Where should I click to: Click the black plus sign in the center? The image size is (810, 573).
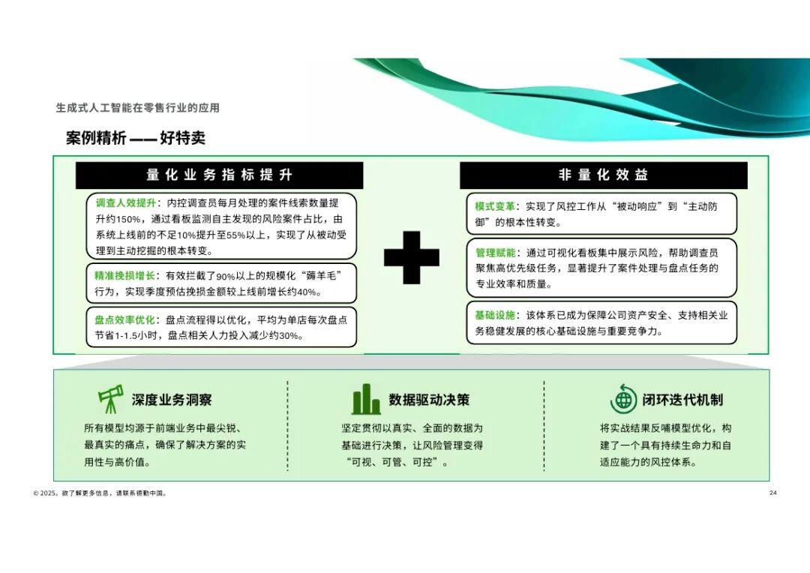pyautogui.click(x=412, y=257)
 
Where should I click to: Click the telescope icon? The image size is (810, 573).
pyautogui.click(x=110, y=399)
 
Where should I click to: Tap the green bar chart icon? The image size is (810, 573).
pyautogui.click(x=366, y=400)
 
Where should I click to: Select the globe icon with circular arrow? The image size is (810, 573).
pyautogui.click(x=623, y=400)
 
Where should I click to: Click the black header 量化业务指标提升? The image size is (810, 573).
pyautogui.click(x=220, y=175)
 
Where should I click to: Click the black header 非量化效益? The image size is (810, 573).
pyautogui.click(x=603, y=175)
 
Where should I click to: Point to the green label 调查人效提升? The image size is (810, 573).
pyautogui.click(x=125, y=203)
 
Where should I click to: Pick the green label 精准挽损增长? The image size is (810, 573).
pyautogui.click(x=124, y=276)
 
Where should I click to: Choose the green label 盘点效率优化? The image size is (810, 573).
pyautogui.click(x=124, y=319)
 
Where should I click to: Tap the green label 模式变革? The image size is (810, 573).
pyautogui.click(x=495, y=207)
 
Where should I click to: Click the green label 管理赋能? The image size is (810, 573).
pyautogui.click(x=496, y=253)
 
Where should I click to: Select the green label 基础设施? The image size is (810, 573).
pyautogui.click(x=495, y=315)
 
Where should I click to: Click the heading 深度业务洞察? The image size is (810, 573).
pyautogui.click(x=172, y=400)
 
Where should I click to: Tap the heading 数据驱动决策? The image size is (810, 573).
pyautogui.click(x=429, y=400)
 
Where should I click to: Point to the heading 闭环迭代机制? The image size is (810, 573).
pyautogui.click(x=682, y=400)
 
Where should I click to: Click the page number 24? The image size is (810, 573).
pyautogui.click(x=772, y=493)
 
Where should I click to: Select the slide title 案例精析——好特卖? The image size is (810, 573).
pyautogui.click(x=136, y=138)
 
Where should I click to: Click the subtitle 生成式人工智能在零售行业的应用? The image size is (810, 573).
pyautogui.click(x=138, y=108)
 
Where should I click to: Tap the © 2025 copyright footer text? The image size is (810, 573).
pyautogui.click(x=100, y=493)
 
